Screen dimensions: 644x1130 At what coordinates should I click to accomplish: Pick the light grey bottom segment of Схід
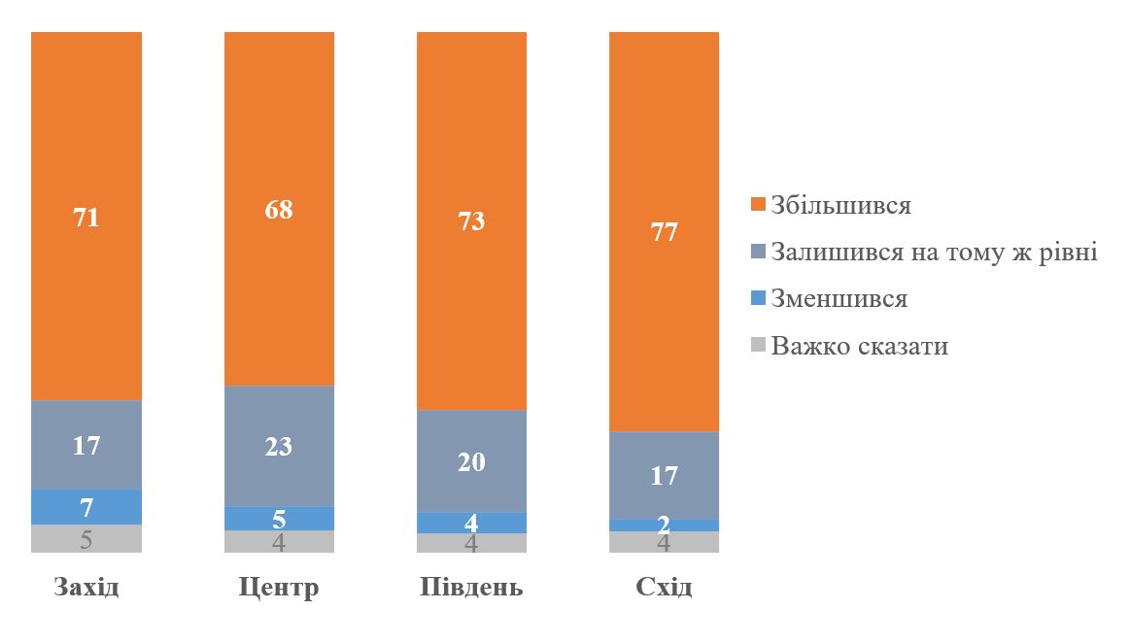[664, 542]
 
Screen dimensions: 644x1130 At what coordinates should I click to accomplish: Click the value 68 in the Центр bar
[279, 210]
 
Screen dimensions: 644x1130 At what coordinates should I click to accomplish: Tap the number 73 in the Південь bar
[471, 220]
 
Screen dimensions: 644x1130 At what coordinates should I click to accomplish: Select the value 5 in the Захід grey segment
[86, 539]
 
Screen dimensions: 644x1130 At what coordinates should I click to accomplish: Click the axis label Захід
[86, 588]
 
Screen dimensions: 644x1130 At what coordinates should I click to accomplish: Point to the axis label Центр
[279, 588]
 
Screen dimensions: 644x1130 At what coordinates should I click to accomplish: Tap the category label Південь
[471, 588]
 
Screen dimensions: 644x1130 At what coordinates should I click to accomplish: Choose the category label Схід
[664, 588]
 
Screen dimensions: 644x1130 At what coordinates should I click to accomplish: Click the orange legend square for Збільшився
[759, 206]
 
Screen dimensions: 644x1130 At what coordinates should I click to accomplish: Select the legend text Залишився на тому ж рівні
[934, 253]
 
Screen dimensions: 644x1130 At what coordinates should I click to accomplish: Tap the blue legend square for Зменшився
[759, 298]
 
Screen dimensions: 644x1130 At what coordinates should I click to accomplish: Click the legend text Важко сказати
[859, 346]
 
